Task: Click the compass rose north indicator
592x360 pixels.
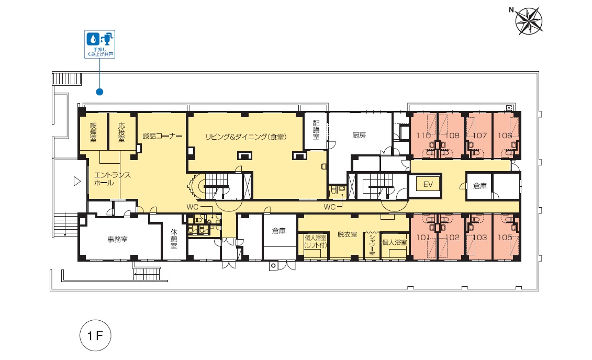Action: click(x=529, y=21)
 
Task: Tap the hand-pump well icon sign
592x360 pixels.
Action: click(x=99, y=44)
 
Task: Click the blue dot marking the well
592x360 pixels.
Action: click(x=99, y=92)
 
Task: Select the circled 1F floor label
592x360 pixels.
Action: click(x=95, y=335)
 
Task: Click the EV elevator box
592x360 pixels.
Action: click(x=428, y=185)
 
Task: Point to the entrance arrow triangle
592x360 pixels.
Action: click(x=77, y=182)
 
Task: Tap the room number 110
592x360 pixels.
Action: click(x=423, y=136)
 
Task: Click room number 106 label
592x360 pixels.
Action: click(x=505, y=136)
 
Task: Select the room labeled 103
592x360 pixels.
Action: click(x=479, y=238)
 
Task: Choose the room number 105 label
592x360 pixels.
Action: click(x=505, y=238)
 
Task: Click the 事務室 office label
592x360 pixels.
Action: click(x=117, y=240)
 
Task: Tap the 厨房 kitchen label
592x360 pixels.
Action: click(x=359, y=135)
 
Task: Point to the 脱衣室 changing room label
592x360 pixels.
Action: click(x=348, y=234)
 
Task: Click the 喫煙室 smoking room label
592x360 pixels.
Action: click(x=93, y=132)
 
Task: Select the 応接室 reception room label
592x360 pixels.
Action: click(x=121, y=132)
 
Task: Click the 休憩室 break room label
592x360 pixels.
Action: click(x=174, y=239)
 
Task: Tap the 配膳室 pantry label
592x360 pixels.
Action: click(x=316, y=130)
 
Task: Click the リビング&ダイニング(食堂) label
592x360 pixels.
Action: click(x=246, y=137)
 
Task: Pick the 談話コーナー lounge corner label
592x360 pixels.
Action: click(x=162, y=136)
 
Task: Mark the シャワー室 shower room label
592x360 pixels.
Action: click(x=372, y=244)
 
